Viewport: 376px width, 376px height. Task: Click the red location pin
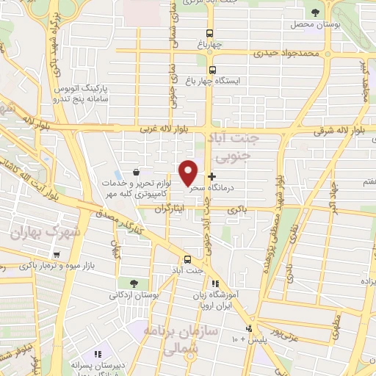click(189, 172)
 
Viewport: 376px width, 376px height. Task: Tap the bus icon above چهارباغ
click(210, 33)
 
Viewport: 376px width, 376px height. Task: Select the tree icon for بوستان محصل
click(316, 12)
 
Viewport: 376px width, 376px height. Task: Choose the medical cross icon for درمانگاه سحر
click(212, 176)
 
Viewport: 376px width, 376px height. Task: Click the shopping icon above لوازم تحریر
click(137, 172)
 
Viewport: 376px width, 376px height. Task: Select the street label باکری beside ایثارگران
click(236, 209)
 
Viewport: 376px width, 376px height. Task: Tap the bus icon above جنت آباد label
click(187, 259)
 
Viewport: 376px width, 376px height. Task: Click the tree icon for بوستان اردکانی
click(133, 283)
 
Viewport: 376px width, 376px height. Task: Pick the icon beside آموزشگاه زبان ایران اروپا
click(214, 283)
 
